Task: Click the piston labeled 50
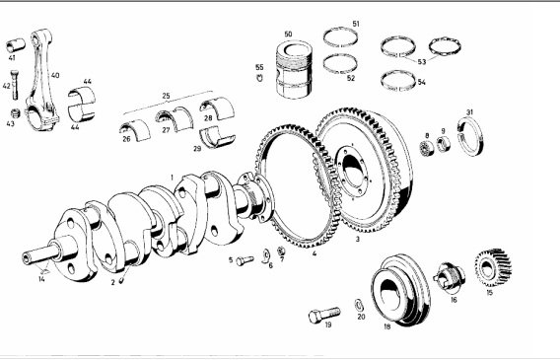[294, 70]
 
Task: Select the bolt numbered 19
[324, 315]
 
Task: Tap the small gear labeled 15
[493, 268]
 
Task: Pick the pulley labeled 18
[400, 290]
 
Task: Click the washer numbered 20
[359, 305]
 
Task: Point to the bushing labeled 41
[16, 45]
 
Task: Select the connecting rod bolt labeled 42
[15, 85]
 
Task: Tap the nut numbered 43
[15, 113]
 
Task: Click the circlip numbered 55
[259, 78]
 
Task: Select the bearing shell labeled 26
[135, 131]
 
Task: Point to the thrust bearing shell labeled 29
[217, 137]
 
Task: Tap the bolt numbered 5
[245, 260]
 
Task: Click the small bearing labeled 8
[427, 148]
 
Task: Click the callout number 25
[166, 96]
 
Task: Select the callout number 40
[55, 75]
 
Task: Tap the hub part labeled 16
[450, 277]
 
